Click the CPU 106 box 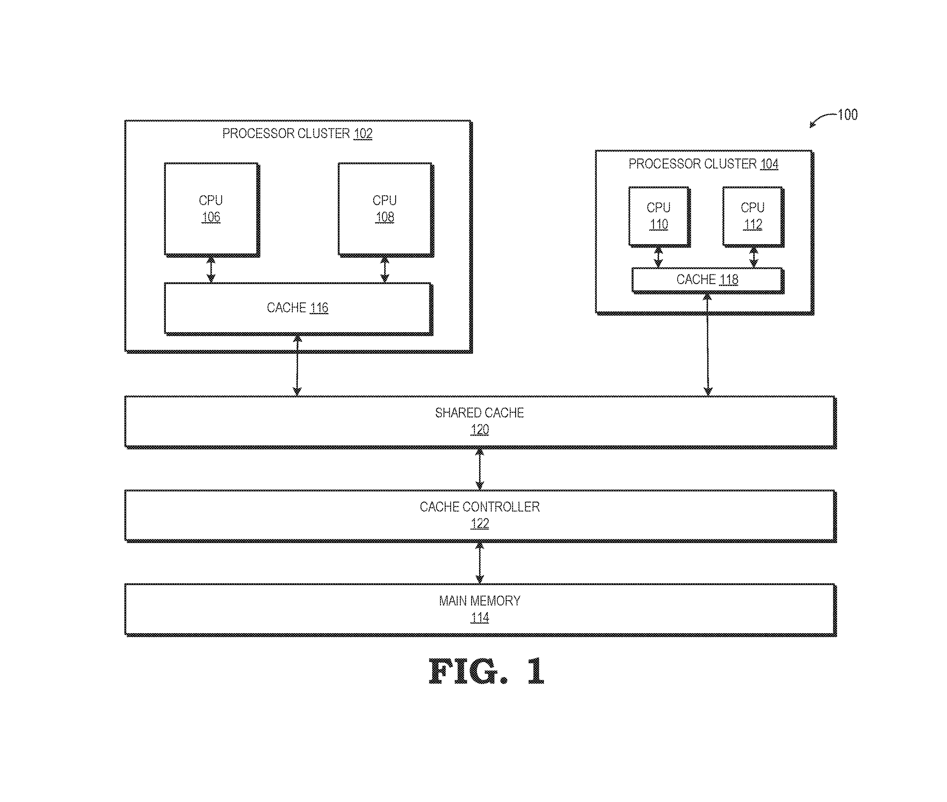pyautogui.click(x=211, y=209)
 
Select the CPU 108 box pyautogui.click(x=385, y=209)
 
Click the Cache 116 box pyautogui.click(x=297, y=308)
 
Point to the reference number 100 pyautogui.click(x=847, y=115)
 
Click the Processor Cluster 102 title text pyautogui.click(x=297, y=134)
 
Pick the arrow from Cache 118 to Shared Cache pyautogui.click(x=707, y=345)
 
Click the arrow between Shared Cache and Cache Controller pyautogui.click(x=479, y=469)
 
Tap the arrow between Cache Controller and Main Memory pyautogui.click(x=479, y=563)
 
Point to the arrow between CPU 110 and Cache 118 pyautogui.click(x=658, y=257)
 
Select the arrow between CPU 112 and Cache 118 pyautogui.click(x=753, y=257)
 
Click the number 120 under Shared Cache pyautogui.click(x=479, y=430)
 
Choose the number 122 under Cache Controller pyautogui.click(x=479, y=524)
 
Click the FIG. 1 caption pyautogui.click(x=486, y=671)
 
